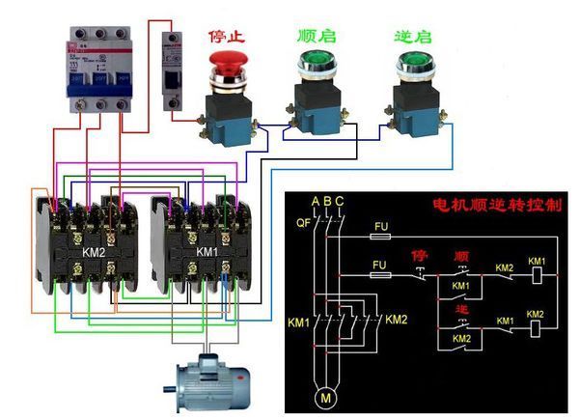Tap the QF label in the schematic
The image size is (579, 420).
300,223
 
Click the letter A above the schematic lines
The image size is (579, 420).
315,200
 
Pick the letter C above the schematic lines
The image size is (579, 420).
339,200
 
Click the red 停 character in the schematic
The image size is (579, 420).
419,256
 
